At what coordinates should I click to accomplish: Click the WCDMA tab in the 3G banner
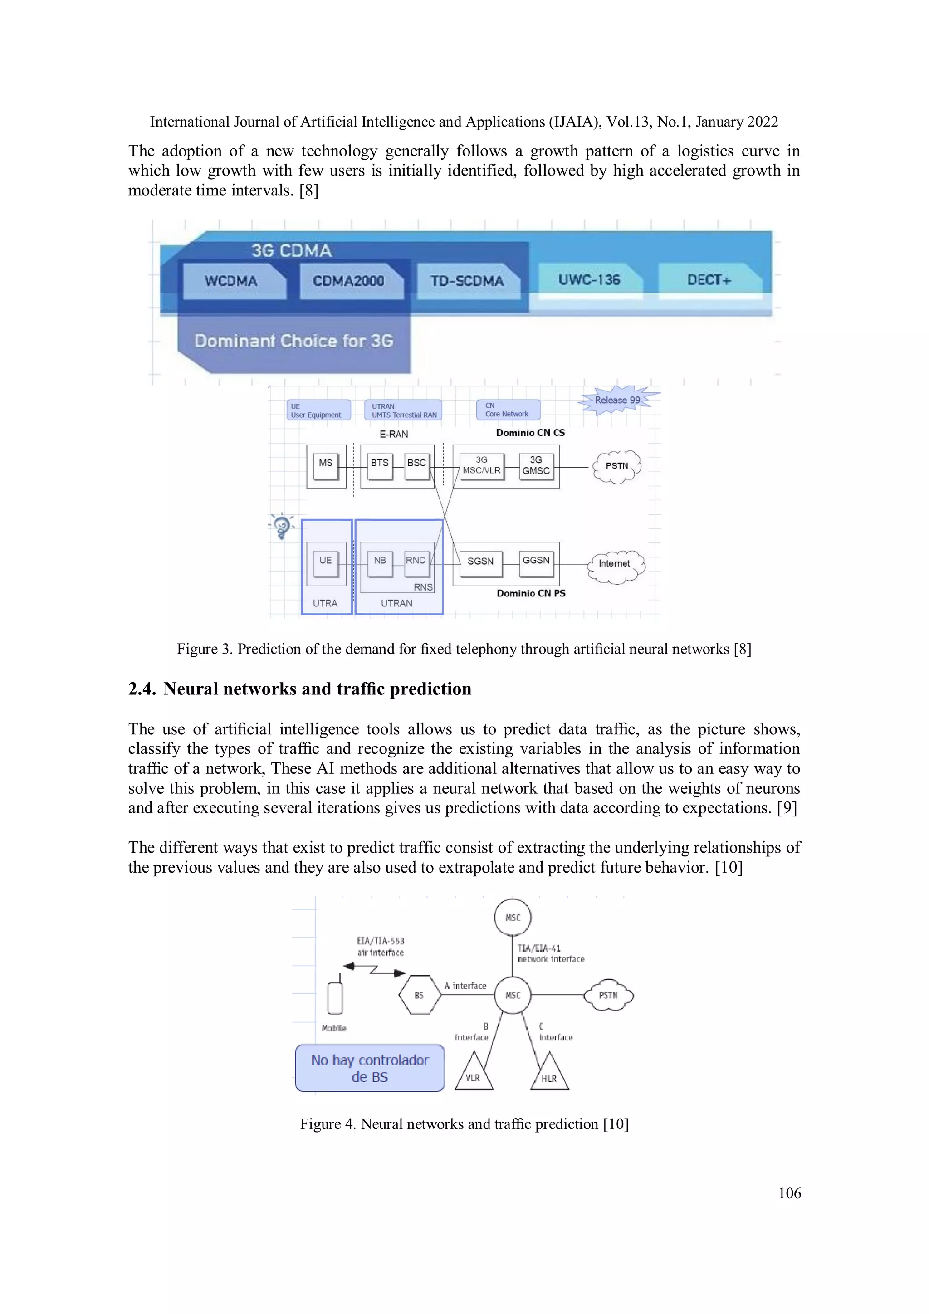(232, 281)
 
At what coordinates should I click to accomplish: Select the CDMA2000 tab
(348, 281)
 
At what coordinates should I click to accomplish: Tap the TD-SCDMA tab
(467, 281)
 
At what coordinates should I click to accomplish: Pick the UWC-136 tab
(589, 280)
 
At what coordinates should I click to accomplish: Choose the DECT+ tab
(709, 280)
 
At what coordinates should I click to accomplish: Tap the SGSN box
(480, 562)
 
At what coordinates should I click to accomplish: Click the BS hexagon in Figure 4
(419, 995)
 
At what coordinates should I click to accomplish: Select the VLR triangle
(474, 1074)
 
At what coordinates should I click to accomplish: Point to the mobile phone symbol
(335, 997)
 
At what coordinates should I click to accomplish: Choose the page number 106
(789, 1193)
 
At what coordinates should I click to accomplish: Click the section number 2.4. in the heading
(142, 689)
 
